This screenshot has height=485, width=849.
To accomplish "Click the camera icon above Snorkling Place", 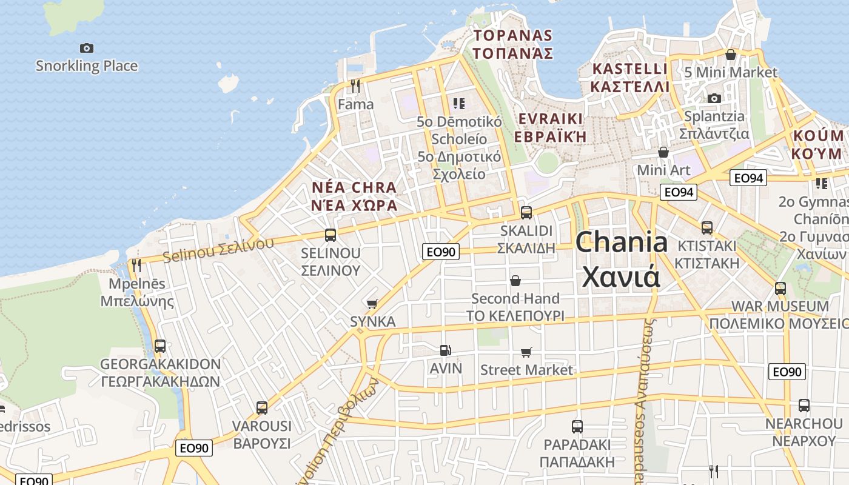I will click(x=87, y=48).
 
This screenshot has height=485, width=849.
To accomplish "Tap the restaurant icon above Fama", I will click(x=355, y=86).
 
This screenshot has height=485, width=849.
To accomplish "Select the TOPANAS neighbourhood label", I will click(x=513, y=44).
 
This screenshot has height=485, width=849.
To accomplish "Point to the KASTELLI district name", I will click(x=630, y=78).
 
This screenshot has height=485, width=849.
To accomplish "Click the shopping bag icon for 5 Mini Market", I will click(x=731, y=55).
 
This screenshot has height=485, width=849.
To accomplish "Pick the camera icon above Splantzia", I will click(x=714, y=98).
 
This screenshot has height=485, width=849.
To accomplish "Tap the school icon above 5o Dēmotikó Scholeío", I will click(x=459, y=104).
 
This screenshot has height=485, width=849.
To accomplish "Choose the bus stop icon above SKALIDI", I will click(x=526, y=213).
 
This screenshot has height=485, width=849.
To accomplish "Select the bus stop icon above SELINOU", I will click(x=331, y=235).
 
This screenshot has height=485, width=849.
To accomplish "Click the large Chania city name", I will click(x=622, y=259).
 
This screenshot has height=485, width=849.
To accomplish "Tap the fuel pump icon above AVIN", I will click(x=445, y=350).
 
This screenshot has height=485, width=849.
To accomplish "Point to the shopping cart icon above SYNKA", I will click(x=372, y=304).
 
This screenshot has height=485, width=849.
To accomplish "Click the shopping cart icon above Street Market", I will click(x=526, y=352).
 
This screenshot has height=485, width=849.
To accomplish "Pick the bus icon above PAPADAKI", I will click(x=577, y=426).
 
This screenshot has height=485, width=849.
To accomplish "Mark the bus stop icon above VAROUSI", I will click(x=262, y=408).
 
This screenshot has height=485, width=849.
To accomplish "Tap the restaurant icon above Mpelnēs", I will click(x=136, y=266).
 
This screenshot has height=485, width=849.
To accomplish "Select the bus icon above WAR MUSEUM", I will click(x=780, y=289).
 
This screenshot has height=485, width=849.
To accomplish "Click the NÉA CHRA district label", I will click(x=354, y=196).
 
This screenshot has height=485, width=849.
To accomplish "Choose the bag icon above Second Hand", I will click(x=515, y=281).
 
